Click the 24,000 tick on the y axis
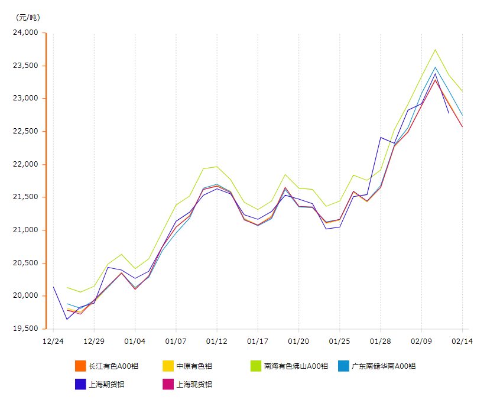coord(25,32)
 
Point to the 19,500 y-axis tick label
coord(25,329)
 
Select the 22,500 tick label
coord(25,131)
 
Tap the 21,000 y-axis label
coord(25,230)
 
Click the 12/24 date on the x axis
coord(53,341)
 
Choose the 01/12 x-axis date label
coord(217,341)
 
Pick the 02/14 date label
coord(462,341)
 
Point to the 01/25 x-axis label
coord(339,341)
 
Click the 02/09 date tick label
coord(421,341)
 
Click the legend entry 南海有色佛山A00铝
coord(296,366)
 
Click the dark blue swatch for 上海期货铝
coord(81,384)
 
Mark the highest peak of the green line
coord(435,50)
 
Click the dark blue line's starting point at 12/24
coord(53,287)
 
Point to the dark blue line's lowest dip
coord(67,320)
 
